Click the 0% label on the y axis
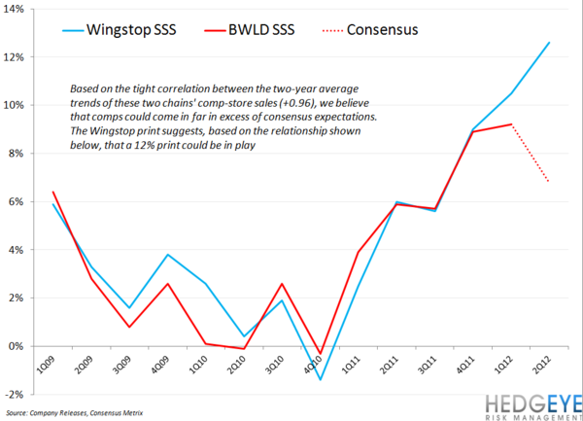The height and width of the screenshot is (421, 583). [19, 346]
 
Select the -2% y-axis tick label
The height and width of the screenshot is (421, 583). [17, 395]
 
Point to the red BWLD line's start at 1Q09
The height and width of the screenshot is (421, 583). [52, 192]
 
